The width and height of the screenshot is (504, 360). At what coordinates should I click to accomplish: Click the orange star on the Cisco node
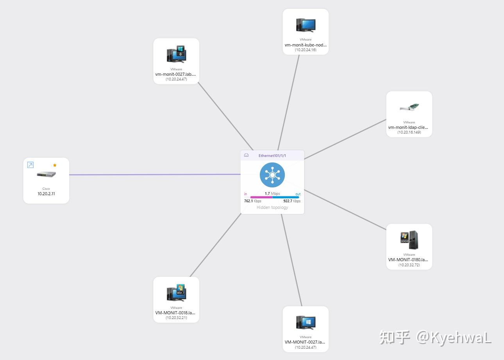(55, 165)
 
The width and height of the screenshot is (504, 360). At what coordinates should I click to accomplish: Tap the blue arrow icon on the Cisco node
(30, 165)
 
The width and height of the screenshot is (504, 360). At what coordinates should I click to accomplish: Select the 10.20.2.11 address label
(46, 194)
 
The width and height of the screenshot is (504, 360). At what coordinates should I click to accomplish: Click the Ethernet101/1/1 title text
(272, 156)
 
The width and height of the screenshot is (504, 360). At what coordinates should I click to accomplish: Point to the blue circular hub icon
(272, 175)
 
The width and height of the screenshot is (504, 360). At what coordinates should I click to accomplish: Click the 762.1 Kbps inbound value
(252, 201)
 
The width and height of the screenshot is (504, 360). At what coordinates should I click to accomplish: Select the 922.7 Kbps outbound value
(292, 201)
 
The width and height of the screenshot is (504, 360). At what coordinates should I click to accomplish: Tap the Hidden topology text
(272, 207)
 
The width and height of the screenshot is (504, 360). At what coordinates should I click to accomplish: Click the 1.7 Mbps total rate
(272, 194)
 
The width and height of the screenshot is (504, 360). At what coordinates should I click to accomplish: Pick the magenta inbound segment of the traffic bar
(261, 197)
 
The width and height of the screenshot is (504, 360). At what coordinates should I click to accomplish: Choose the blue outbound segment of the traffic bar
(286, 197)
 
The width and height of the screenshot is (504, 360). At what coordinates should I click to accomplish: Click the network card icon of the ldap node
(409, 107)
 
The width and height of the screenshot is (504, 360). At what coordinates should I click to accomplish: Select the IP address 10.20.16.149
(409, 132)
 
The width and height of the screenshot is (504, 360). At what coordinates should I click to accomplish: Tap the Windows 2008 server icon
(409, 240)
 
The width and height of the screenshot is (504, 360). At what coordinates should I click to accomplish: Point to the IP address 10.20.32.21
(176, 318)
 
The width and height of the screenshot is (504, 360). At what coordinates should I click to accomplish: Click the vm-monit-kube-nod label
(306, 45)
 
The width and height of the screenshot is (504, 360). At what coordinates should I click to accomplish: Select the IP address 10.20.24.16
(306, 50)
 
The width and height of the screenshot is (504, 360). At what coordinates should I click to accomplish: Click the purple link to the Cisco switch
(156, 175)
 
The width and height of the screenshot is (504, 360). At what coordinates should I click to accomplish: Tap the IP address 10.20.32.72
(409, 265)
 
